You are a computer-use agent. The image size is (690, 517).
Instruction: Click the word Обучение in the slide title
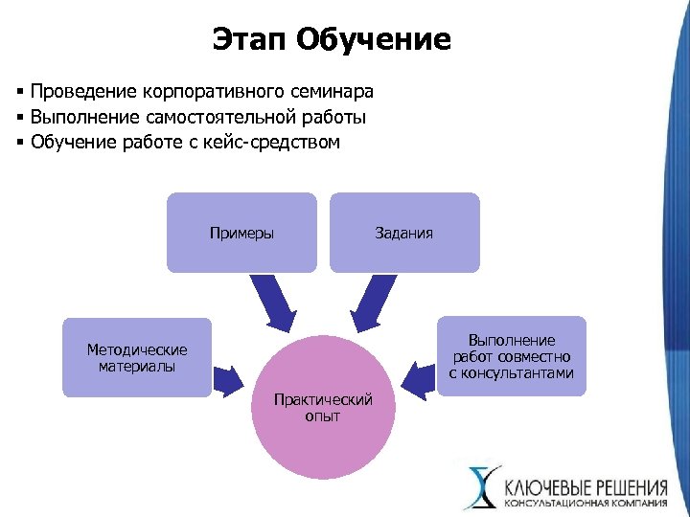[x=374, y=39]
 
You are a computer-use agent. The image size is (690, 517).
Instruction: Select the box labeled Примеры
[x=241, y=233]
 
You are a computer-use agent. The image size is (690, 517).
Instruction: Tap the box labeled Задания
[x=404, y=233]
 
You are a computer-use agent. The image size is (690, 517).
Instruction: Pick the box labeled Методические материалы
[x=137, y=357]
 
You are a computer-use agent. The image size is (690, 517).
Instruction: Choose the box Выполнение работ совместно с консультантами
[x=512, y=356]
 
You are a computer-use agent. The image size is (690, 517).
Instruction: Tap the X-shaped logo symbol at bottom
[x=480, y=486]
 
